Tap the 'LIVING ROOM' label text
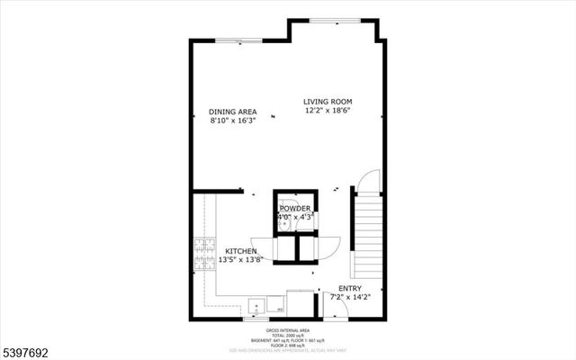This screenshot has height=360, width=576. (327, 102)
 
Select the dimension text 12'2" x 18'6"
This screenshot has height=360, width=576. (327, 111)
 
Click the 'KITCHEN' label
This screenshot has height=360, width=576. (240, 251)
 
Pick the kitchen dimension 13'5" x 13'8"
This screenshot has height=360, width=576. (240, 260)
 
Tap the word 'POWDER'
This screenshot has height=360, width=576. (294, 209)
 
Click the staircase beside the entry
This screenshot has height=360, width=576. (370, 239)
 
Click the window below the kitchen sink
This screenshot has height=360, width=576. (256, 319)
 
